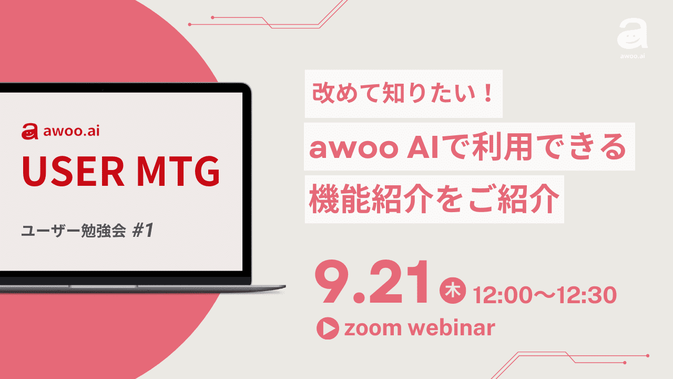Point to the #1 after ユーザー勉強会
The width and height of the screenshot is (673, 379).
(141, 231)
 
